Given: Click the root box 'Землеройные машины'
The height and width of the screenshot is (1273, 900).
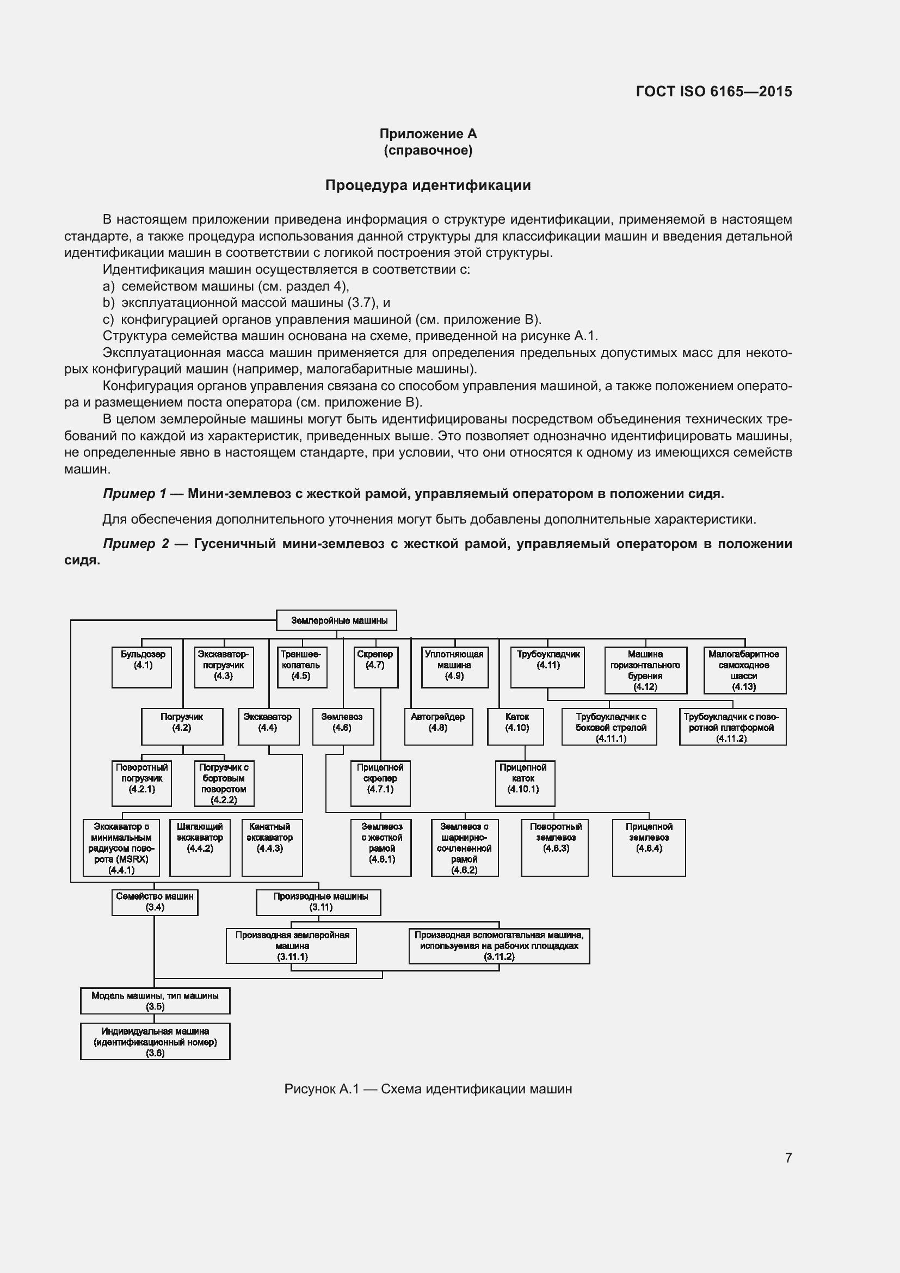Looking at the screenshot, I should [336, 620].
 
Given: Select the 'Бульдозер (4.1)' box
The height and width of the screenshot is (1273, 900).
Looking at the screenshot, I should [142, 667].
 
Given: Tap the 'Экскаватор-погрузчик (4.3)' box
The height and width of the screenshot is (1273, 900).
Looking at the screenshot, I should [224, 667].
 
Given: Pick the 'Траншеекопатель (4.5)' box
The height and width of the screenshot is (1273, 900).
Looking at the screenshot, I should [301, 667].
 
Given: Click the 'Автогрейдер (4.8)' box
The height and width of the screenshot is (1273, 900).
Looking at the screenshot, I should [439, 727].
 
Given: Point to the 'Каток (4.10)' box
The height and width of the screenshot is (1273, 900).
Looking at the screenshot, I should [515, 727].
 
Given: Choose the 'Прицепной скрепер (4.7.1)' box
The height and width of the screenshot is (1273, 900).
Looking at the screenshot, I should [380, 783].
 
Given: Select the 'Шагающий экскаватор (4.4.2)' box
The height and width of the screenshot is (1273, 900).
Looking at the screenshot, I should [200, 847].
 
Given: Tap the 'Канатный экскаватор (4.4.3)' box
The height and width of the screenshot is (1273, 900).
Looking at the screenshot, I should [272, 847].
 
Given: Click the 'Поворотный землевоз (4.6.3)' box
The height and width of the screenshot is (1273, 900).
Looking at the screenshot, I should [554, 847].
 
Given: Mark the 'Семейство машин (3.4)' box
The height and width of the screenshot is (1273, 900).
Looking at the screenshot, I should [155, 902].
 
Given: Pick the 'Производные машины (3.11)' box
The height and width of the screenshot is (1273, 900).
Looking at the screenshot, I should [319, 902].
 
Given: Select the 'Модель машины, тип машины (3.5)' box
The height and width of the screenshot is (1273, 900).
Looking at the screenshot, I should [155, 1001].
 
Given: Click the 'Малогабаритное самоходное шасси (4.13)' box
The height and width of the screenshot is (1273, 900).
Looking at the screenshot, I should [745, 671].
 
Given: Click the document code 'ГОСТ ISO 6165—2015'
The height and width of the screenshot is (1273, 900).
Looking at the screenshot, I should [714, 91].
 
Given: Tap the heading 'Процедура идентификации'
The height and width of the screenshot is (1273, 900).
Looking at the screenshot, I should [428, 185].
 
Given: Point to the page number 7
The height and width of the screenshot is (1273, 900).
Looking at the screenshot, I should [788, 1158].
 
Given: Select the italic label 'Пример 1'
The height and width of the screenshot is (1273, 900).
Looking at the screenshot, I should [134, 494].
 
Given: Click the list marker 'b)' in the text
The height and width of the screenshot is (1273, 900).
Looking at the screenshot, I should [109, 303].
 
